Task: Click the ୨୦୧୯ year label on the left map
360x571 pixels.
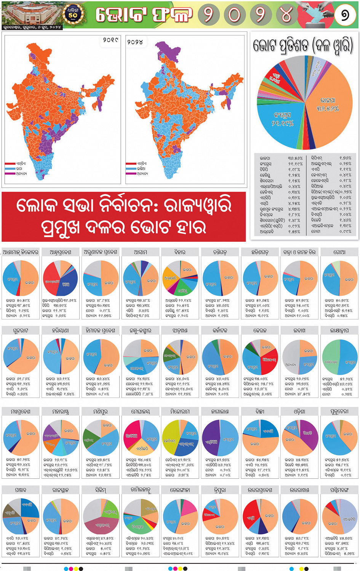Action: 110,40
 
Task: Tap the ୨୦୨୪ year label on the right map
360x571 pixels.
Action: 135,42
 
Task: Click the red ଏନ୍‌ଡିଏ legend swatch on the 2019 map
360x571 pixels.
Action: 10,164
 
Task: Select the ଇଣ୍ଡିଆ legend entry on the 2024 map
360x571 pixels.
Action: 141,168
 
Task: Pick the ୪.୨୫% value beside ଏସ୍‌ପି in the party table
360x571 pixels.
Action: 294,204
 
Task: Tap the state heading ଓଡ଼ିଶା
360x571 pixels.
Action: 299,412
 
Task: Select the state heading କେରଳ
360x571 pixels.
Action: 260,330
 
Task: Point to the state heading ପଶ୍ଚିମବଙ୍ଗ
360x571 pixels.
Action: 339,490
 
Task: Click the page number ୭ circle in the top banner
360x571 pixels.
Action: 345,15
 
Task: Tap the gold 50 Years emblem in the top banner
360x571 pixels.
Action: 72,14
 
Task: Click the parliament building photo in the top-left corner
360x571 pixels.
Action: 30,14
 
